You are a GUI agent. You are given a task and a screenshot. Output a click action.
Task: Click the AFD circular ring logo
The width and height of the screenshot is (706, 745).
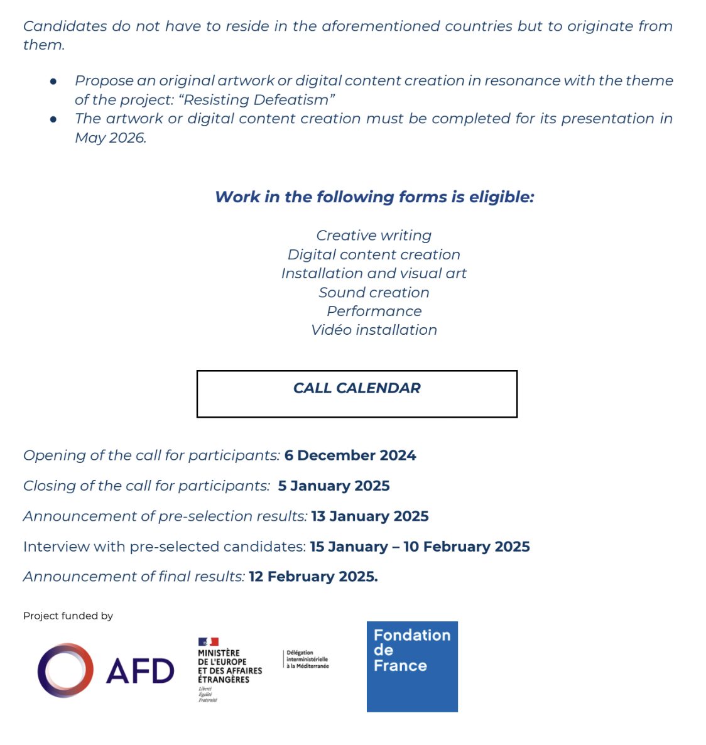tap(65, 670)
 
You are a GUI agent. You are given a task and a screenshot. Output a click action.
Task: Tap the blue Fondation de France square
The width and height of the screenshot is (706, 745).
tap(412, 666)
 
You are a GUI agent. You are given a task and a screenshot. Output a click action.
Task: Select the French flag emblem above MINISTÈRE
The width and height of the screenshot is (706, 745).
tap(208, 641)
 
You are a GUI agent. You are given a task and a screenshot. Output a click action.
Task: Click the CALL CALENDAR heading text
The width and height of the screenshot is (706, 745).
tap(357, 388)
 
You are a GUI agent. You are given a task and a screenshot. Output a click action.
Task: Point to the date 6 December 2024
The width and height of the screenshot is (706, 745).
tap(350, 455)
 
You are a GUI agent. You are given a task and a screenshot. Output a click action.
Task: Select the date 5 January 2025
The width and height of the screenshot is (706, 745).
tap(334, 486)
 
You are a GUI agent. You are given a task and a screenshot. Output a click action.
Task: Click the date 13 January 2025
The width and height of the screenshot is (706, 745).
tap(370, 516)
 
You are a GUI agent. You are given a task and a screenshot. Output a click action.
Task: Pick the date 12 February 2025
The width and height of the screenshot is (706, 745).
tap(313, 577)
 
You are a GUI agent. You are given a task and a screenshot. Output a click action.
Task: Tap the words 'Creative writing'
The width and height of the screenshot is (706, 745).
tap(374, 236)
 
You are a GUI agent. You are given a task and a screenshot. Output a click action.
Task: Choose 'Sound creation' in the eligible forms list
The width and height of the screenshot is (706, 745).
tap(374, 292)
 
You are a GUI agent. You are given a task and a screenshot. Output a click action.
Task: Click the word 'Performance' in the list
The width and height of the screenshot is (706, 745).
tap(374, 311)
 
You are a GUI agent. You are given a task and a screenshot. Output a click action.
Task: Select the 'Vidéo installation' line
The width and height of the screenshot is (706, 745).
tap(374, 330)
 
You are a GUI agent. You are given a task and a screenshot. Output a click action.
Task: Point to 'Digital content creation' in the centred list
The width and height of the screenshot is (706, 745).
tap(374, 254)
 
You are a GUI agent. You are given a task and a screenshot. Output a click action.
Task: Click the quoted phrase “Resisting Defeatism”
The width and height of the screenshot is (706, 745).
tap(258, 100)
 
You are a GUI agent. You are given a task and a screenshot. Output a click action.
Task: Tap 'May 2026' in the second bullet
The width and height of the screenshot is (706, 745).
tap(110, 138)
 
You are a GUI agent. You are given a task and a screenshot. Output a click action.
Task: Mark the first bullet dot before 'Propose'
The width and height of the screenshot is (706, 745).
tap(54, 81)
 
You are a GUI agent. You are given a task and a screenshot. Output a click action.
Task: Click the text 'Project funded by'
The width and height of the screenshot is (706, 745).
tap(68, 616)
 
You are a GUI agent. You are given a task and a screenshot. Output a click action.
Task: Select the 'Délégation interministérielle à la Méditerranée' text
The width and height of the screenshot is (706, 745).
tap(307, 659)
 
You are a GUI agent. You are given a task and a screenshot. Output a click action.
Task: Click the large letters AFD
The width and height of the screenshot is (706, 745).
tap(140, 671)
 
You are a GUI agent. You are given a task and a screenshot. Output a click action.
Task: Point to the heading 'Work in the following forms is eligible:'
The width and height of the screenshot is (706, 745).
tap(374, 197)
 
